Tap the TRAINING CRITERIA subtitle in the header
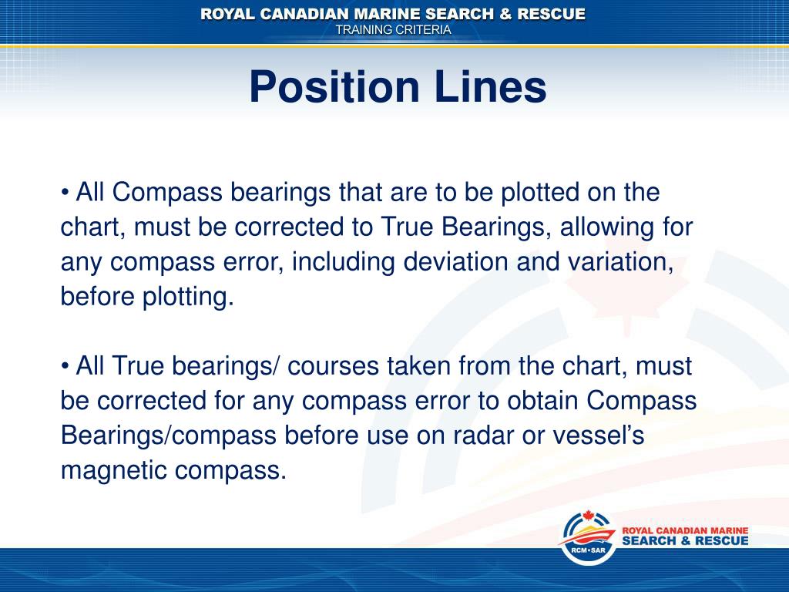coord(394,29)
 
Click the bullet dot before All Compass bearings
coord(65,193)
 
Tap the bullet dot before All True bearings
coord(65,367)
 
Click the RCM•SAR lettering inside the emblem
coord(588,550)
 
